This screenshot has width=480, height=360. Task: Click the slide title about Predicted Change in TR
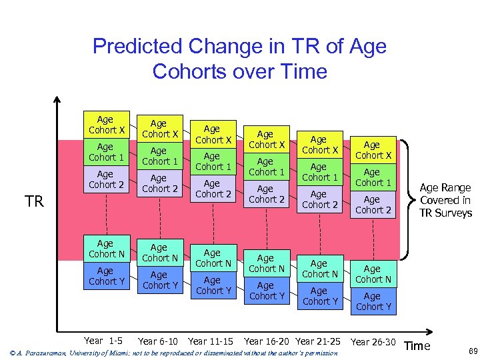pos(239,59)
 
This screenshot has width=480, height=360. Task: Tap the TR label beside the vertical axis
pos(34,201)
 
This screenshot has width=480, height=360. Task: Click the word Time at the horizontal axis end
pos(417,345)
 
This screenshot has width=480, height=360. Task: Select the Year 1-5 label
pos(103,341)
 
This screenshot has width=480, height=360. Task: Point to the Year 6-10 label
pos(158,341)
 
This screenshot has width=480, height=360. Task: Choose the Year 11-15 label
pos(211,341)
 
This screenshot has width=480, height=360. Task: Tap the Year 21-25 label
pos(318,341)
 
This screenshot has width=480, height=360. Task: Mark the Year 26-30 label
pos(373,342)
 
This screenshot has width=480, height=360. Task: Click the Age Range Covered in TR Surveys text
pos(445,201)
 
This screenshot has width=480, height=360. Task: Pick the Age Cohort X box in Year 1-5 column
pos(107,125)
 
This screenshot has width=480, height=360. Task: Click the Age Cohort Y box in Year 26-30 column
pos(373,301)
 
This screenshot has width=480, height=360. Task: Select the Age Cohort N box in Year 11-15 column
pos(213,258)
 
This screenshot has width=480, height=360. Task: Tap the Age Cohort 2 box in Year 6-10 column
pos(160,183)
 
